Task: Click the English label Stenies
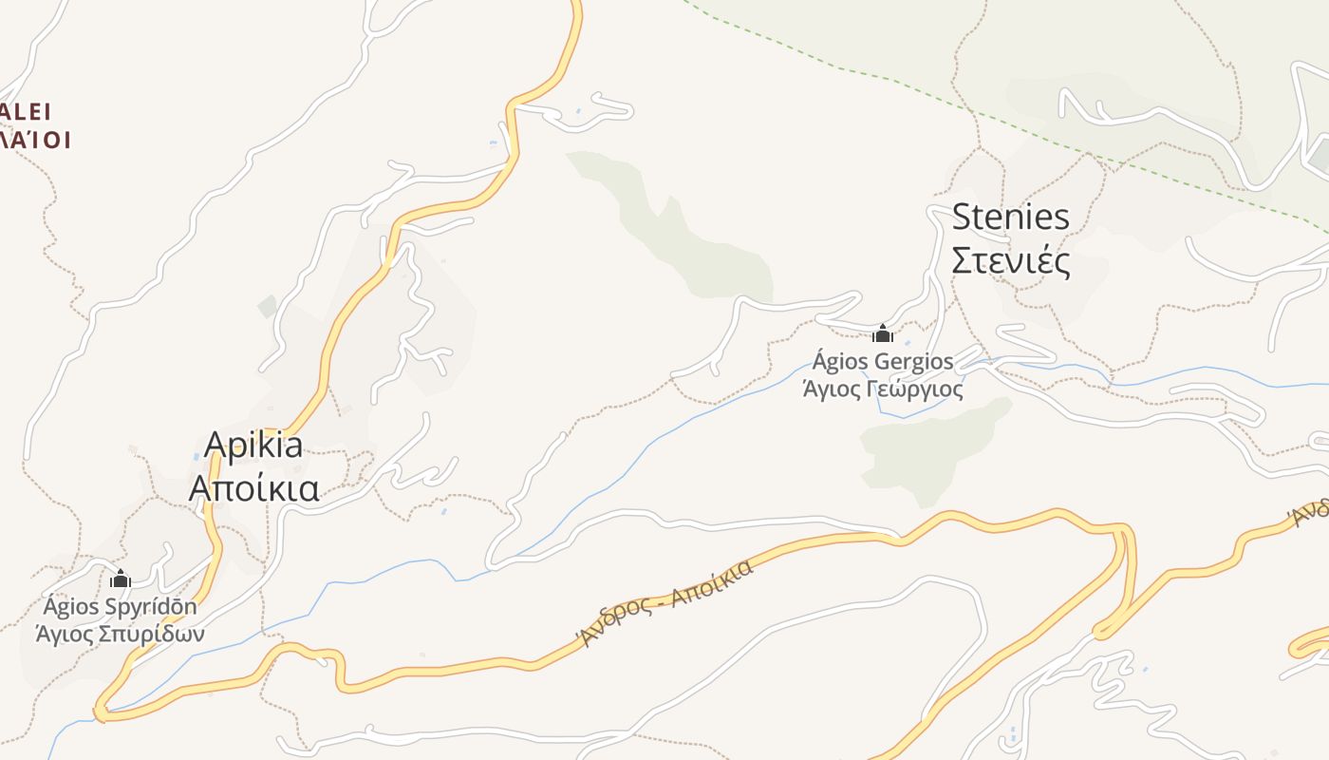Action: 1010,218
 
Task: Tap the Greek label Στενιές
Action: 1010,260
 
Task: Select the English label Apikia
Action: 253,446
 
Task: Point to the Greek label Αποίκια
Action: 253,488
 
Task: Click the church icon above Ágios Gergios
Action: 883,333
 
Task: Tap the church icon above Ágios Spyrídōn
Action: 121,579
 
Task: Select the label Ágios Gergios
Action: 883,362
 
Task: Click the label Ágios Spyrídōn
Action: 121,607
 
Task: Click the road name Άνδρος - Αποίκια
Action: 667,602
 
